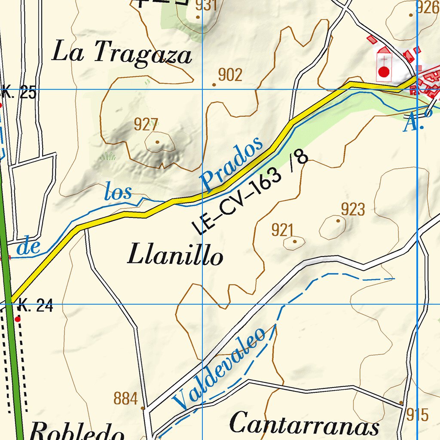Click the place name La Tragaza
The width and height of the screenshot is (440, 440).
122,54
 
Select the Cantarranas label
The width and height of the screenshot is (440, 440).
304,425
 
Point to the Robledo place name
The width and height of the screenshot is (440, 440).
77,431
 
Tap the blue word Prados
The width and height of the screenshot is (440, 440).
232,164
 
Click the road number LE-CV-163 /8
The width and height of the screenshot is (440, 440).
251,193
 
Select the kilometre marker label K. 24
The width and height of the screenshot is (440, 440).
35,307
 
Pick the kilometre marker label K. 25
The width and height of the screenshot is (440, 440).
19,93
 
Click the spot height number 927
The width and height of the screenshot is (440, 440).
146,125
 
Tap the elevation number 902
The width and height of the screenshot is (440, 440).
230,75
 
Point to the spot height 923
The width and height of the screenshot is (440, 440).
353,210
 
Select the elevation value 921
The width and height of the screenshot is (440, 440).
282,230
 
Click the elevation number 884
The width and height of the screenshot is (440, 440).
125,399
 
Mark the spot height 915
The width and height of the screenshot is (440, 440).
417,415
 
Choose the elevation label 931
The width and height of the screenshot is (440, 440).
206,6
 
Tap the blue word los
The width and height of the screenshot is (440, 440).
118,192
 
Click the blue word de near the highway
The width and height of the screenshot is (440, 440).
29,247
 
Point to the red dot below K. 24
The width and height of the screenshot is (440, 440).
18,319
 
